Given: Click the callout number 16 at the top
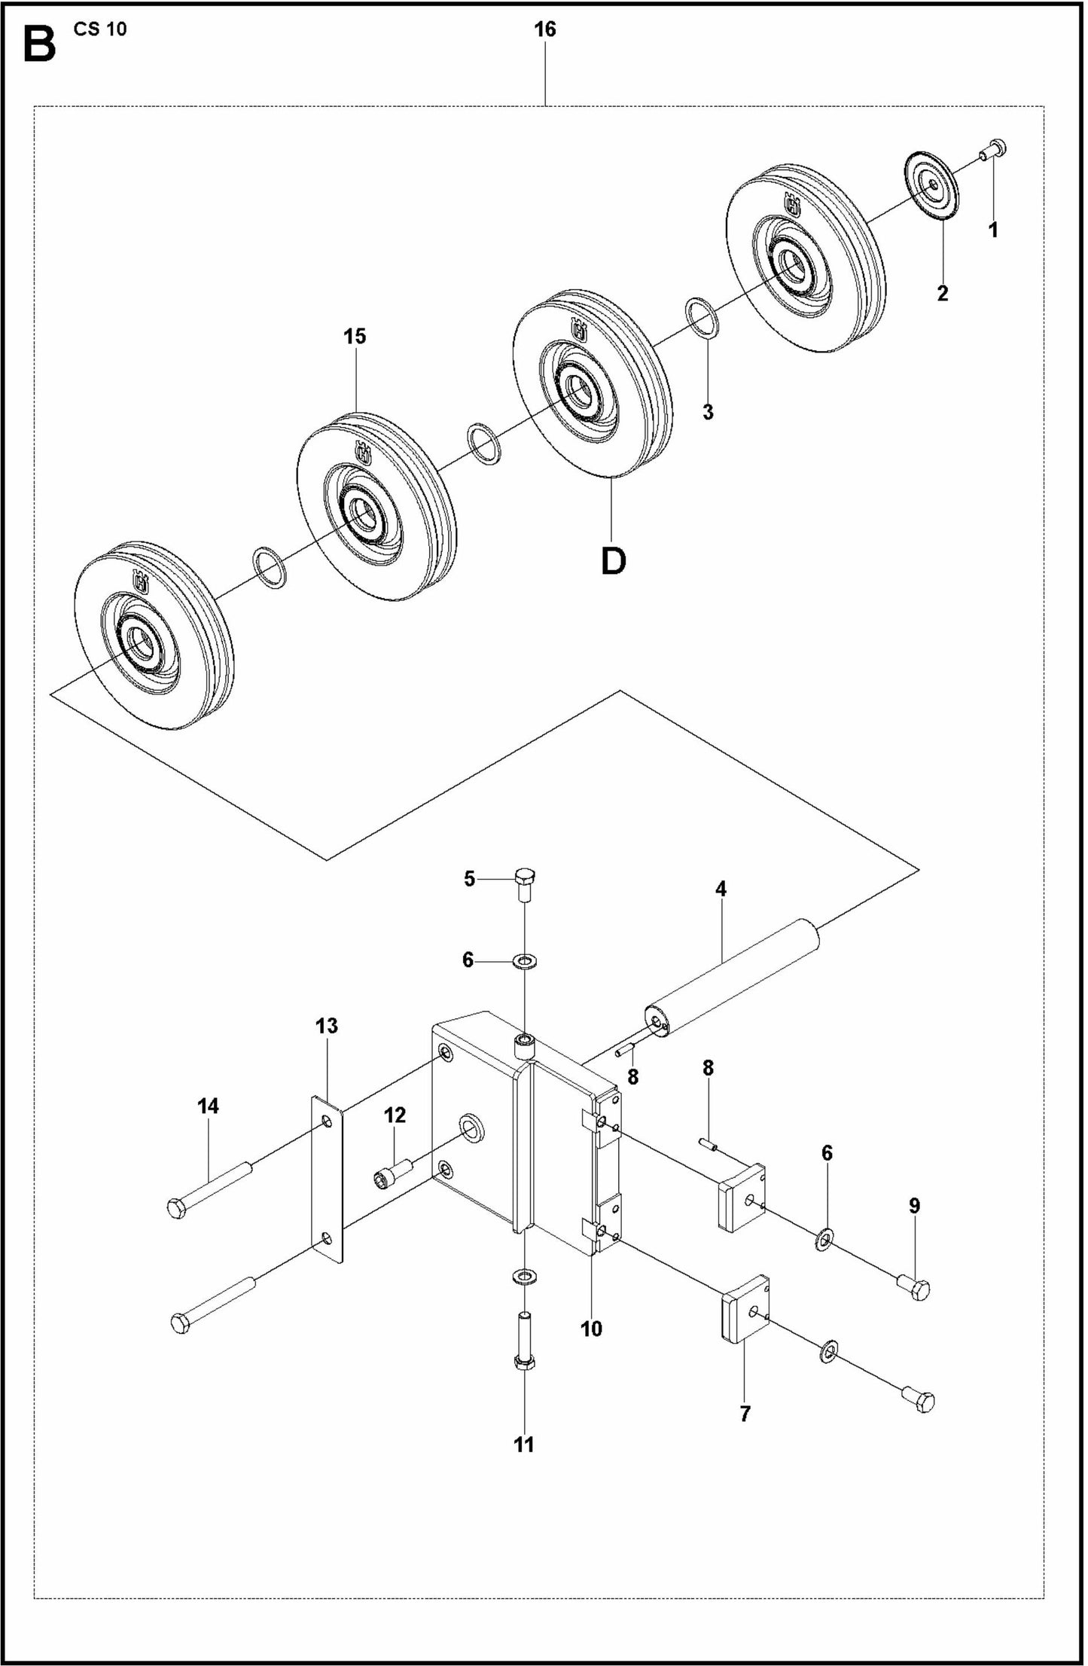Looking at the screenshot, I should point(544,29).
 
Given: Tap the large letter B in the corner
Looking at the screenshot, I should point(39,44).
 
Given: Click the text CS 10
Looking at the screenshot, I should point(100,29).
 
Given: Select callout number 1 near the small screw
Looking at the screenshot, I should point(993,230).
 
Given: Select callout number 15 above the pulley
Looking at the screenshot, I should point(355,336).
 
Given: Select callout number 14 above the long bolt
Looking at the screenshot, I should point(208,1106).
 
